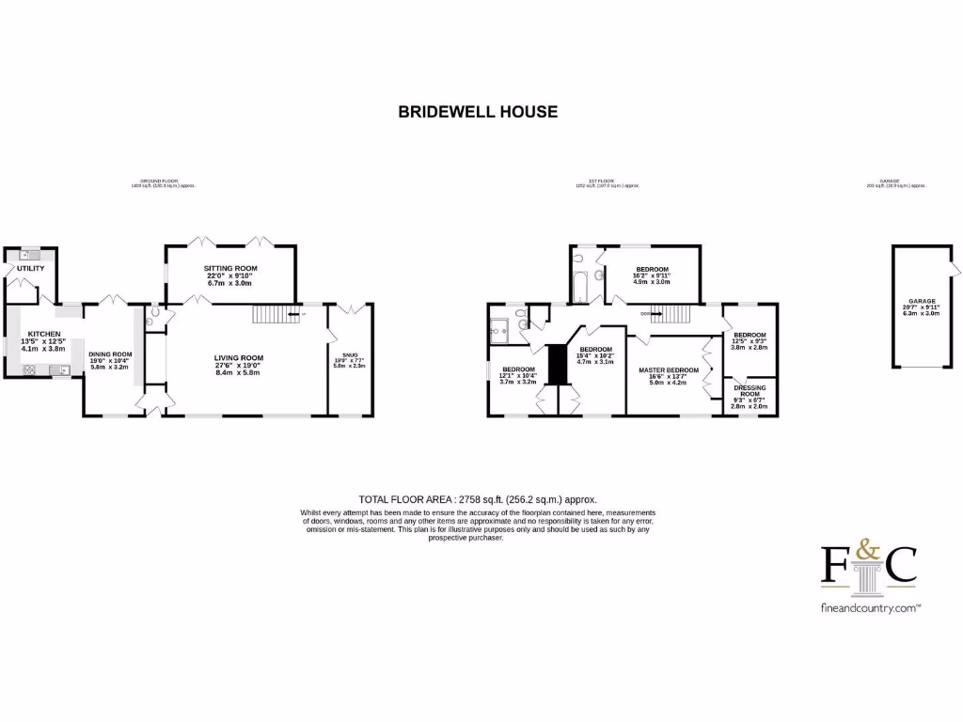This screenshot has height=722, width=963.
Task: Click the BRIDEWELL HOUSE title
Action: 478,111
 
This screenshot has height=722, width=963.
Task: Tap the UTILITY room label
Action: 30,269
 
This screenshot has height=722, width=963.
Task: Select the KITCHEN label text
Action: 44,334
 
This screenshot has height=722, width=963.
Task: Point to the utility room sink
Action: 30,255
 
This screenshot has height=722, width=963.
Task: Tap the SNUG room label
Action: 349,354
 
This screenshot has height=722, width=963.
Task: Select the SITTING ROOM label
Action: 230,269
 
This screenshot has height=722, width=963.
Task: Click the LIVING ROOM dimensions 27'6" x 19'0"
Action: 238,366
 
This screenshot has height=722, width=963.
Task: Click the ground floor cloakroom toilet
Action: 153,313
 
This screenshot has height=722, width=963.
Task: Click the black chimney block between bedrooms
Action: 558,364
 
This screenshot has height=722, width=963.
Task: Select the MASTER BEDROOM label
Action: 669,370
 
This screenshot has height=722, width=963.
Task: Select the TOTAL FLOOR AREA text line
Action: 478,499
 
